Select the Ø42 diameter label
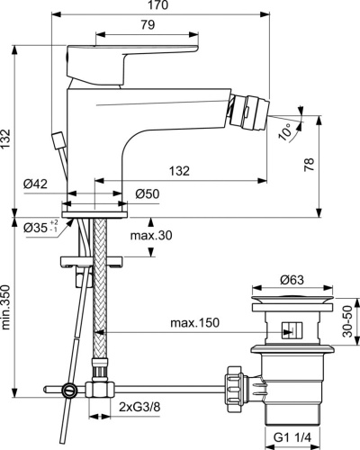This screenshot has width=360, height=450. [x=36, y=184]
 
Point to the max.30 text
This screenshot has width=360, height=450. [x=150, y=236]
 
